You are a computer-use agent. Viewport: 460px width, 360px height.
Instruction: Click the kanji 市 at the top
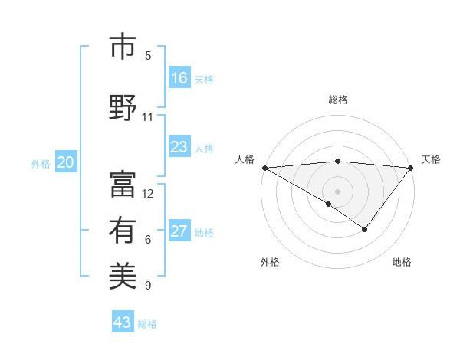point(123,47)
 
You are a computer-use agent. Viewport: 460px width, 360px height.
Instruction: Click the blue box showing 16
point(179,78)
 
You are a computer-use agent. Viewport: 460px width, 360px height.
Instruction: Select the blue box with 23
point(179,147)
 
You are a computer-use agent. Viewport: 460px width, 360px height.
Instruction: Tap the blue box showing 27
point(179,231)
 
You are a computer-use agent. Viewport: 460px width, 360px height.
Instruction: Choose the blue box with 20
point(66,162)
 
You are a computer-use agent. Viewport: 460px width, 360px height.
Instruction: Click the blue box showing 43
point(123,322)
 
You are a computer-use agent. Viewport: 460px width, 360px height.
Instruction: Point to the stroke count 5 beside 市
point(148,56)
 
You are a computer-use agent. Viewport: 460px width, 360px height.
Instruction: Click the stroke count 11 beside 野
point(148,117)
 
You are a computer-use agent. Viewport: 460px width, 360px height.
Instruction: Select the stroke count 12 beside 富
point(148,194)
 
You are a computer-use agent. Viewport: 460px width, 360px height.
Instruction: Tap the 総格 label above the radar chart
point(337,100)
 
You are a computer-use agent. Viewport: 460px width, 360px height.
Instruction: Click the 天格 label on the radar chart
point(431,159)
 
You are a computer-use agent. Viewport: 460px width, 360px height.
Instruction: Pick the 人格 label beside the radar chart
point(245,159)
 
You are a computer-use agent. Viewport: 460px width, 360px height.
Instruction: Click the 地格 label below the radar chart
point(402,263)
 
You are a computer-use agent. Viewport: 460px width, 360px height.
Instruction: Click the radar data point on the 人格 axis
point(264,167)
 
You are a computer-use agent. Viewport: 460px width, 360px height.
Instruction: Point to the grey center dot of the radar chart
point(337,190)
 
